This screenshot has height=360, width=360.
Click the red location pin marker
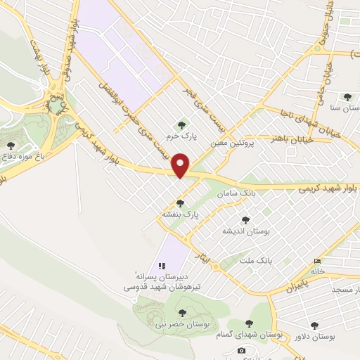click(x=181, y=165)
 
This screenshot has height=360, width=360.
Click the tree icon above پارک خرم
click(x=183, y=126)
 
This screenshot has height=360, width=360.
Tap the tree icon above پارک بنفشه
click(x=181, y=203)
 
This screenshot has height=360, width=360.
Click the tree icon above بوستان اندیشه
click(x=245, y=221)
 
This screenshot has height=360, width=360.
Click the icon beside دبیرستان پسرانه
click(x=162, y=266)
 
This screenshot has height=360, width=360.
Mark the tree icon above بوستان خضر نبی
click(x=183, y=312)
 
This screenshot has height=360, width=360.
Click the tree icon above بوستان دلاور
click(x=314, y=325)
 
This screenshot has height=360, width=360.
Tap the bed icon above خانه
click(x=316, y=261)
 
